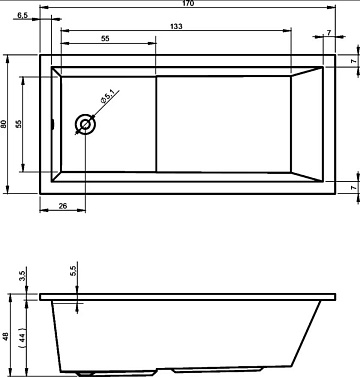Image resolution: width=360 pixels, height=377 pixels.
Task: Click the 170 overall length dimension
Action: (x=188, y=3)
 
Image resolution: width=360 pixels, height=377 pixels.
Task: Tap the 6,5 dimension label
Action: (x=23, y=15)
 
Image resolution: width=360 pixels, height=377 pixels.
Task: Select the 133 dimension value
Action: (x=176, y=26)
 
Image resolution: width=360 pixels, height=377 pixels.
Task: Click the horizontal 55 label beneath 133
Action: (x=105, y=39)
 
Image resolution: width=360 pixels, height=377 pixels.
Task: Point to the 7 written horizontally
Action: (x=329, y=33)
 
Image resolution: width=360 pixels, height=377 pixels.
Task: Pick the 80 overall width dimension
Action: (x=4, y=124)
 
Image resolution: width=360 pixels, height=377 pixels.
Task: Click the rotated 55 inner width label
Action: (x=19, y=124)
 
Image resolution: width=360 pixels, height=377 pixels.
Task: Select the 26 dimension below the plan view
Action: (x=63, y=206)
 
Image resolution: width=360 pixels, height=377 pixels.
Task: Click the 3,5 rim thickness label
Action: (x=22, y=277)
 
